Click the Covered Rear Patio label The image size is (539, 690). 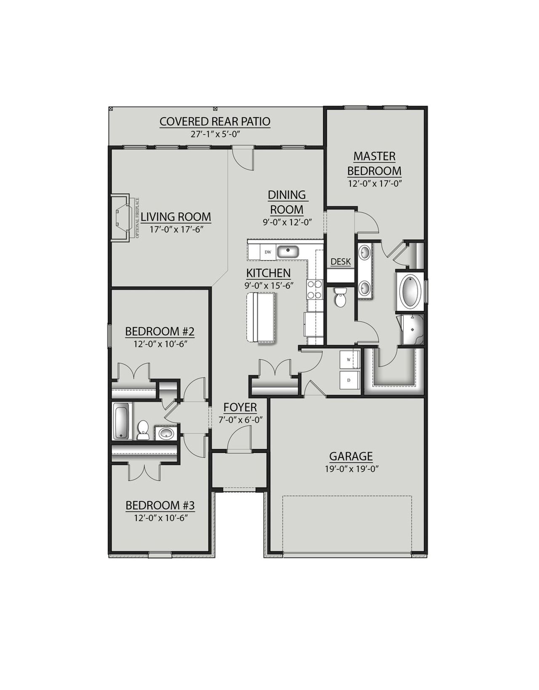pos(215,122)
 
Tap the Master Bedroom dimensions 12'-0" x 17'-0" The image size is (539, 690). pos(374,184)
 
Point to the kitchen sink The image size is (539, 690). pos(287,252)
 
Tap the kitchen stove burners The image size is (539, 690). pos(315,289)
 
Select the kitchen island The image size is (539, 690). pos(261,317)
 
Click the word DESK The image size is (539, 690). pos(341,262)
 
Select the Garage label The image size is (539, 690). pos(351,456)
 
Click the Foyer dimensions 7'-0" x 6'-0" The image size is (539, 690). pos(240,420)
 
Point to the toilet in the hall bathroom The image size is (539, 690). pos(143,430)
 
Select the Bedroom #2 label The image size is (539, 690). pos(160,332)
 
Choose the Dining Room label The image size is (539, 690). pos(287,202)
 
